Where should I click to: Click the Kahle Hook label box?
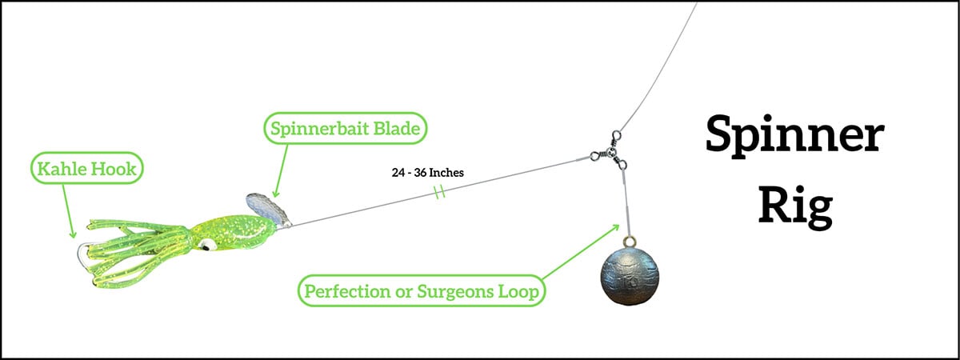pos(87,169)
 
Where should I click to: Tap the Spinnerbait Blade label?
pos(346,128)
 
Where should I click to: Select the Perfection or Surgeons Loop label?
pos(422,291)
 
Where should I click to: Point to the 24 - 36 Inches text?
pos(428,173)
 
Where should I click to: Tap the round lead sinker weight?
pos(629,275)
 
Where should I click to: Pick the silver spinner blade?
pos(269,210)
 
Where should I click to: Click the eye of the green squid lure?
pos(206,245)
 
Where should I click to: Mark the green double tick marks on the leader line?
pos(439,191)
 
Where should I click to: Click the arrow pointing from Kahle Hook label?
pos(69,211)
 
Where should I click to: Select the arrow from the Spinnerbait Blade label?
pos(281,170)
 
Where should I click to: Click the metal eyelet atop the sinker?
pos(629,241)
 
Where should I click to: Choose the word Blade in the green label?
pos(397,128)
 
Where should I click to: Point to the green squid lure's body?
pos(234,233)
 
